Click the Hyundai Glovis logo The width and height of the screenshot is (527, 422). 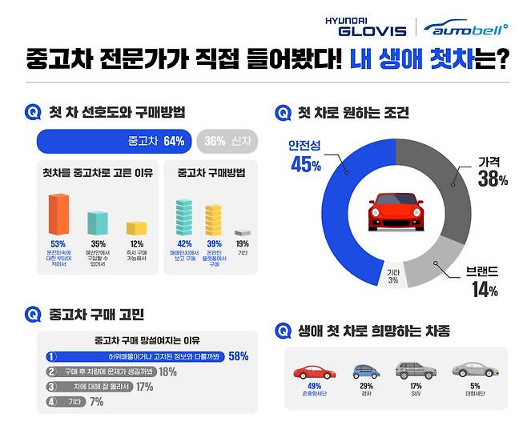click(x=365, y=26)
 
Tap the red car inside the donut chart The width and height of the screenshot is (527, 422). click(x=396, y=213)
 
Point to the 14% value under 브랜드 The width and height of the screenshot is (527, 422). click(x=485, y=289)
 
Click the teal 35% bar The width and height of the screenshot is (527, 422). click(x=97, y=223)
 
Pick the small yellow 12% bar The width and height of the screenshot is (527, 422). click(x=135, y=229)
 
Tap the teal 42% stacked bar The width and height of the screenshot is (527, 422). click(x=184, y=218)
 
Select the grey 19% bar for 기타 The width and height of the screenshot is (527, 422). click(x=242, y=231)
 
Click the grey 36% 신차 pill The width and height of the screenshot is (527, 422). click(x=225, y=141)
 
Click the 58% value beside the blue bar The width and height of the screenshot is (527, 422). click(x=238, y=356)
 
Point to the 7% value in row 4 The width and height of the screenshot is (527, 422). click(x=96, y=401)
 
